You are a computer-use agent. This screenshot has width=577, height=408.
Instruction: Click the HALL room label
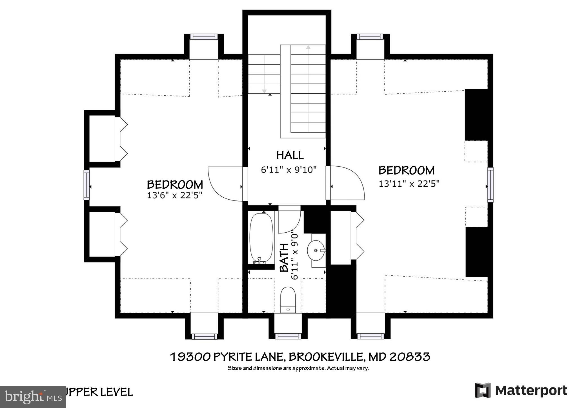(290, 155)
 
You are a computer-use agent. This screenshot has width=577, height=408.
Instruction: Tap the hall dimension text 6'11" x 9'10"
(289, 170)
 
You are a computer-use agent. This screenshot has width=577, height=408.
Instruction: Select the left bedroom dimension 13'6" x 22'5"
(175, 195)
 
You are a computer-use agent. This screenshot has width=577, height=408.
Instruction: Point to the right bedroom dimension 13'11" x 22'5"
(409, 184)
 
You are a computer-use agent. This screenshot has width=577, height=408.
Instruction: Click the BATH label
(284, 257)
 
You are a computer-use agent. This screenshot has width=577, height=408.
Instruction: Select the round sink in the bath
(316, 250)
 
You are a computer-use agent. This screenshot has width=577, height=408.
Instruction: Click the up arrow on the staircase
(308, 47)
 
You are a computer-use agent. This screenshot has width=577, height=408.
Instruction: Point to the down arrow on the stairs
(264, 91)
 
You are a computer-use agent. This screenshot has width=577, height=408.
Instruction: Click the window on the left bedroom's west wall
(87, 185)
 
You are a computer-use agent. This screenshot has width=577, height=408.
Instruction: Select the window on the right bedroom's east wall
(491, 185)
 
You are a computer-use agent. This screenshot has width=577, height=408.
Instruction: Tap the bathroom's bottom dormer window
(288, 336)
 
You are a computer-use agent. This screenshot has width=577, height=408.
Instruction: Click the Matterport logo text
(531, 391)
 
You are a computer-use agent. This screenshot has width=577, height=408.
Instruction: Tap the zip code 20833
(410, 357)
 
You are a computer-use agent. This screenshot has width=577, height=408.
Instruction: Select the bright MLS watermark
(33, 397)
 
